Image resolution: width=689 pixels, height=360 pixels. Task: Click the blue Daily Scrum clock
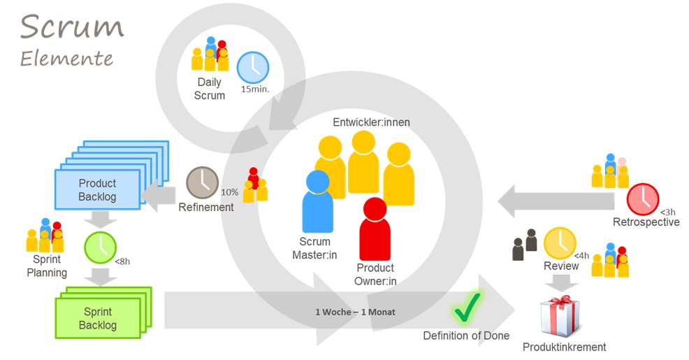pyautogui.click(x=252, y=68)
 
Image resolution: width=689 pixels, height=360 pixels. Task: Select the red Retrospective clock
pyautogui.click(x=642, y=199)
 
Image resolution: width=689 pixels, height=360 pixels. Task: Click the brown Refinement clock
pyautogui.click(x=201, y=182)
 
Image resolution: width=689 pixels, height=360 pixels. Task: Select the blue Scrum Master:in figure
pyautogui.click(x=318, y=203)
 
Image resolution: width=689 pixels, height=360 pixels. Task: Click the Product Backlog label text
pyautogui.click(x=97, y=190)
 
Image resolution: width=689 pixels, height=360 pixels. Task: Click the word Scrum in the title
pyautogui.click(x=72, y=27)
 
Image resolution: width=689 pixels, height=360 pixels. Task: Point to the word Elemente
pyautogui.click(x=66, y=59)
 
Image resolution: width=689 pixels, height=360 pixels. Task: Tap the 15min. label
pyautogui.click(x=255, y=89)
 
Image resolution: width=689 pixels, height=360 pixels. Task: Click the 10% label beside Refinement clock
pyautogui.click(x=229, y=192)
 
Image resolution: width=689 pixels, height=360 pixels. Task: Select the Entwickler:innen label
pyautogui.click(x=371, y=122)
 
